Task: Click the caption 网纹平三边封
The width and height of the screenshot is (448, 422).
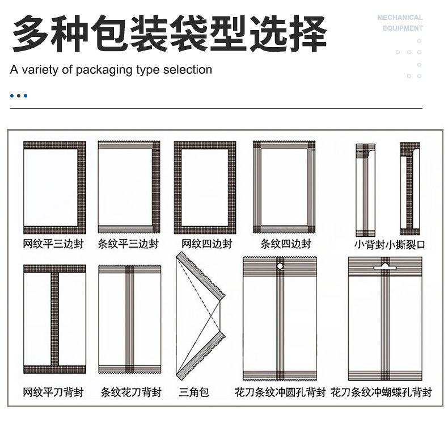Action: (54, 244)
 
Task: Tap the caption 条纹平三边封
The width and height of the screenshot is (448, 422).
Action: (129, 244)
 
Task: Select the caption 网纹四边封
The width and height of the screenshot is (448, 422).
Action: (206, 244)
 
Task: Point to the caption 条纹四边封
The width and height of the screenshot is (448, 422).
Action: (285, 244)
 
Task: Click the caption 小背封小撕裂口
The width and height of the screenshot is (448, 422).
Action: (390, 245)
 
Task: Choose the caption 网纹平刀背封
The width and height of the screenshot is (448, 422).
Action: (54, 392)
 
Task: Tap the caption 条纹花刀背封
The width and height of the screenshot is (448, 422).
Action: (131, 392)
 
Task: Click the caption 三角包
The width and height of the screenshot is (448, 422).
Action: (194, 392)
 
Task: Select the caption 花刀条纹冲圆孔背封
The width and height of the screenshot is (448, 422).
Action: (280, 392)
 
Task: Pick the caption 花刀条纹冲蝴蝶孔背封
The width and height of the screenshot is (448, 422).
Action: (382, 392)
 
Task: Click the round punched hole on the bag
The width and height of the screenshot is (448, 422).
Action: (280, 265)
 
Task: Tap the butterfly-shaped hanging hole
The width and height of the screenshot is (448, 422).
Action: (385, 265)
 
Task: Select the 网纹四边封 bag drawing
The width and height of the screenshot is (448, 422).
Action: (205, 187)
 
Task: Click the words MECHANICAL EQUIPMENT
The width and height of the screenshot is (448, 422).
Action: (400, 23)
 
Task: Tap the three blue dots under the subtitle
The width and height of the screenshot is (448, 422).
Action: (19, 95)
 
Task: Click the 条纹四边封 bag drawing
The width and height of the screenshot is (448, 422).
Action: (284, 187)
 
